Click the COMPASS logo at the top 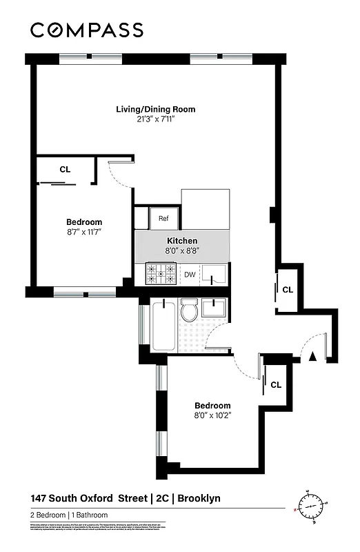(87, 30)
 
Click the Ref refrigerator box (163, 219)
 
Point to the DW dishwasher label (190, 275)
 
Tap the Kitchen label (181, 241)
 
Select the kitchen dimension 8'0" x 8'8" (181, 250)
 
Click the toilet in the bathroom (188, 312)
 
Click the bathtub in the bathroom (163, 324)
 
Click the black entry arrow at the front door (312, 356)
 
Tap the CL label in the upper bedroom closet (65, 169)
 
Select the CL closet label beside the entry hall (288, 290)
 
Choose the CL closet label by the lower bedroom (275, 385)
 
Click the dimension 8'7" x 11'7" (84, 232)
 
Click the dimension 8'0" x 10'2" (212, 415)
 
